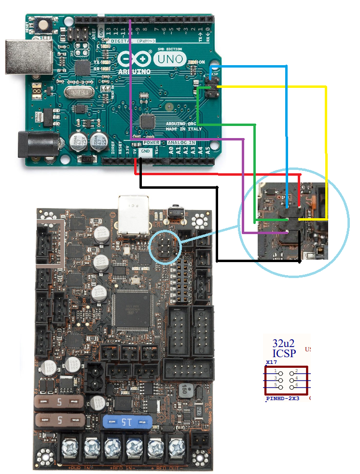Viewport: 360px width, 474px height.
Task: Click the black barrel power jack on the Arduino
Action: coord(38,144)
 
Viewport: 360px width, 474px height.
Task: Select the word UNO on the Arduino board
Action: coord(170,59)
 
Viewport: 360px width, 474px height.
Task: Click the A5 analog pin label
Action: coord(208,151)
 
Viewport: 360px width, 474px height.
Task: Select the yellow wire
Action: coord(326,145)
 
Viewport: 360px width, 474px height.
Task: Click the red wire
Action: coord(217,174)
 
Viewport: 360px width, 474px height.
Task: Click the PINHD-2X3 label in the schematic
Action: coord(283,399)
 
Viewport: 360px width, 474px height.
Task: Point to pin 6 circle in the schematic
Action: coord(292,385)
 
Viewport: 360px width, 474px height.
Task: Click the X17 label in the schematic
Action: coord(271,362)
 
